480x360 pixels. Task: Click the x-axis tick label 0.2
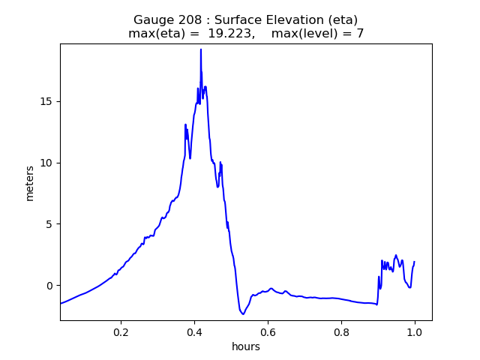(x=121, y=331)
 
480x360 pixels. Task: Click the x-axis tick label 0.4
(x=194, y=331)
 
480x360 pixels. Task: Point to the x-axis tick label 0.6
(x=268, y=331)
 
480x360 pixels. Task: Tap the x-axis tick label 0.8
(x=341, y=331)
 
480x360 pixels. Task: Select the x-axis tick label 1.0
(x=415, y=331)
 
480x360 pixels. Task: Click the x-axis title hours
(x=246, y=346)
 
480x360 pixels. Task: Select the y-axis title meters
(x=30, y=182)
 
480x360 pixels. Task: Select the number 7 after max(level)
(x=360, y=34)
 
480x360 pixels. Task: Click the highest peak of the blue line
(x=201, y=49)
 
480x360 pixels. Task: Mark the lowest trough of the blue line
(x=243, y=313)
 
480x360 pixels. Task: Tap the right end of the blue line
(x=414, y=262)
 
